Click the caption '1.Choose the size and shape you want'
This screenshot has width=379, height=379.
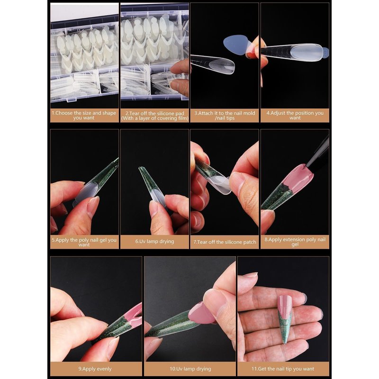84,116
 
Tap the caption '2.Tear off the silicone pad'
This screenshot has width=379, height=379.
155,113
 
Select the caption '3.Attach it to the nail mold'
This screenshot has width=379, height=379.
225,113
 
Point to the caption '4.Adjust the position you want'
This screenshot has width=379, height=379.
295,115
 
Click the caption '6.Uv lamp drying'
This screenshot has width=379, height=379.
155,241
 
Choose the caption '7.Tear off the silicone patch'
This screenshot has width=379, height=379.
225,242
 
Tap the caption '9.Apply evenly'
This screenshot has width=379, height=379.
95,369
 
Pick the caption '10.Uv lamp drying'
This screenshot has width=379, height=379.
190,369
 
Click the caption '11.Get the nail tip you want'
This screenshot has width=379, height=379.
283,369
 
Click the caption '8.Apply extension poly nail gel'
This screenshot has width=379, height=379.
295,242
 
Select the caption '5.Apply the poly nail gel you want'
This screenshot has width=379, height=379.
84,242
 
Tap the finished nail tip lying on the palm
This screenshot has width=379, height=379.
285,318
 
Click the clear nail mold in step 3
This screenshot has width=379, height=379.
213,63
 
